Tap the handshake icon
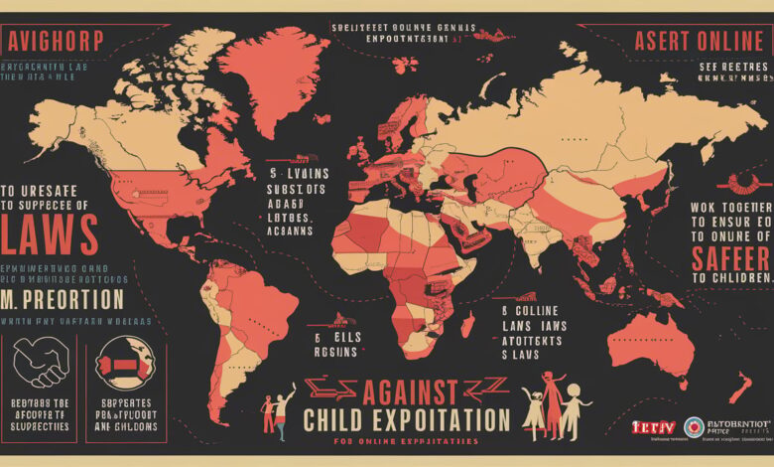(x=40, y=361)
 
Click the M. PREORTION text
(x=64, y=298)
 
